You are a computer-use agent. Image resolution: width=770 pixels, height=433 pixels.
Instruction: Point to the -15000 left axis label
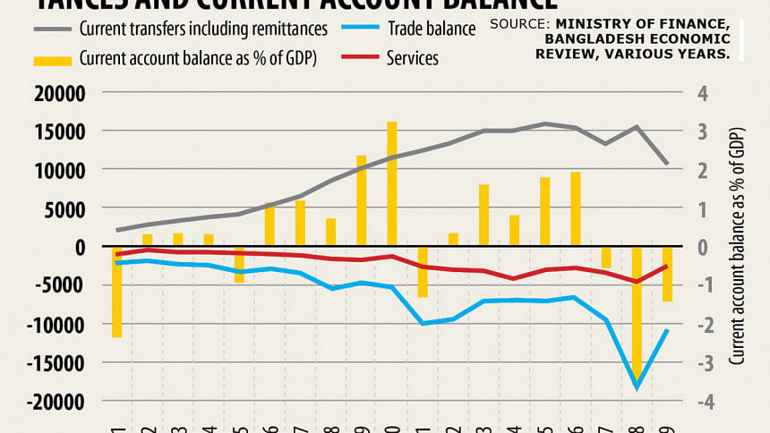(56, 363)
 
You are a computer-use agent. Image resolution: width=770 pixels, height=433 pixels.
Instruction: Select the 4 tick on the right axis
(703, 93)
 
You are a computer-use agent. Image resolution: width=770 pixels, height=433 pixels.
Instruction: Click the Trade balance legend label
(432, 29)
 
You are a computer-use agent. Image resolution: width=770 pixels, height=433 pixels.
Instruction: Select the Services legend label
(413, 58)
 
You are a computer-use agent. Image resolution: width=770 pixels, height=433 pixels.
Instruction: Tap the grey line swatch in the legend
(52, 29)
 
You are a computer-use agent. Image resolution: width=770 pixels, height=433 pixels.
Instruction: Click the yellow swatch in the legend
(52, 59)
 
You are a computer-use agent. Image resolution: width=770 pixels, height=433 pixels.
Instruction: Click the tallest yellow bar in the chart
(392, 183)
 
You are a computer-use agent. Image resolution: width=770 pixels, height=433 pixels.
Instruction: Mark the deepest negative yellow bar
(637, 313)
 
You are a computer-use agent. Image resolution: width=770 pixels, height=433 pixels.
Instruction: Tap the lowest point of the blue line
(637, 387)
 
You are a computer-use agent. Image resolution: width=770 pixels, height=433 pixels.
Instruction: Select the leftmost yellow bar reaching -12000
(116, 292)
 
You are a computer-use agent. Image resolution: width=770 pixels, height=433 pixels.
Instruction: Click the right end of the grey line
(667, 164)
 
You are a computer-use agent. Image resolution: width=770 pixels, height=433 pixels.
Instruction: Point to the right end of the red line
(667, 266)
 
